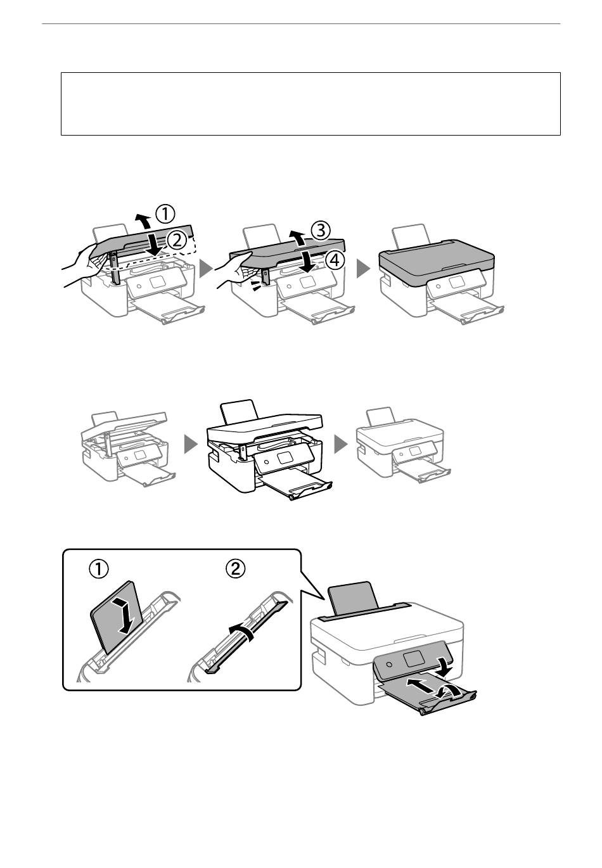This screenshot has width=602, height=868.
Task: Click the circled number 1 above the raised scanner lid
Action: point(165,214)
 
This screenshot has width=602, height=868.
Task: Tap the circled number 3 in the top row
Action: point(321,231)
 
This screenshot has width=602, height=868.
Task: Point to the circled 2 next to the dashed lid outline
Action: point(176,241)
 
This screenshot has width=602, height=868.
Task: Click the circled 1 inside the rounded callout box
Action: point(99,570)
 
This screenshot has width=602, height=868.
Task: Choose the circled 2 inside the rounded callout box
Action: point(235,569)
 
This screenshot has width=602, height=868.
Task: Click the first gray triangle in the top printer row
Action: point(206,269)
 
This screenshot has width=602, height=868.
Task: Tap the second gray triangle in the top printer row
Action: point(363,269)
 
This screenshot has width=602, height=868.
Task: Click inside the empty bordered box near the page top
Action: point(311,104)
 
